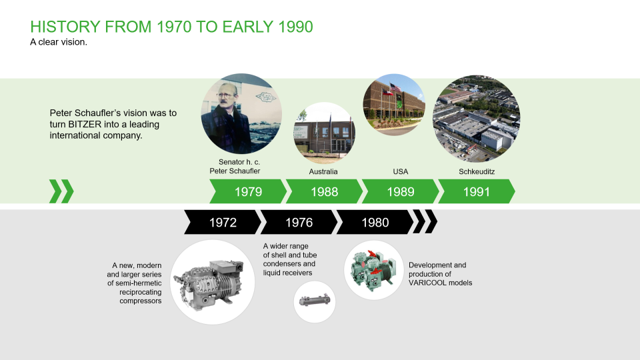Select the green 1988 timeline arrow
[x=324, y=191]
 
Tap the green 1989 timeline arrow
[x=400, y=191]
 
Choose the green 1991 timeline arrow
[x=476, y=191]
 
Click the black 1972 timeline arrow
[x=223, y=222]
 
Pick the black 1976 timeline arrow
[x=299, y=222]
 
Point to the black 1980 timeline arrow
[x=375, y=222]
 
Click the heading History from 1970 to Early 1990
[x=172, y=27]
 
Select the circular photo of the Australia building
[x=324, y=133]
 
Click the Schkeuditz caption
[x=477, y=171]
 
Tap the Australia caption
[x=323, y=171]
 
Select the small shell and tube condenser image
[x=315, y=302]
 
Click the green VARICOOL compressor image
[x=373, y=270]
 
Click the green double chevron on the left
[x=61, y=191]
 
